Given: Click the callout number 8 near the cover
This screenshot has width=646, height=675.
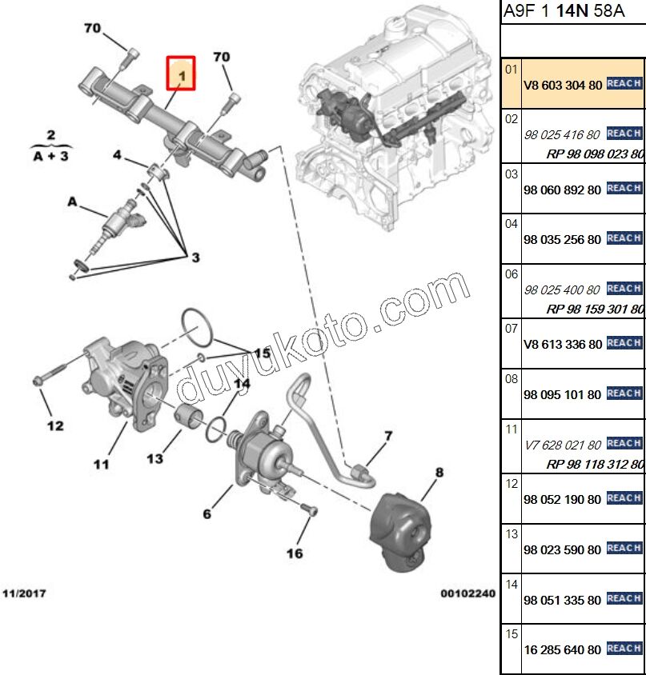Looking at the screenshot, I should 439,473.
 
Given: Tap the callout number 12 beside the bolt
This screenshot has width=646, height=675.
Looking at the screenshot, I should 54,425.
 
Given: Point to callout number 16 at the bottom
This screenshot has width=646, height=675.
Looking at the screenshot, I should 295,553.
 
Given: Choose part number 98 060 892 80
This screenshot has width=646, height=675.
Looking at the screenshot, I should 562,190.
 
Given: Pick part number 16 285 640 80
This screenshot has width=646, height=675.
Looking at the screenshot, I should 562,649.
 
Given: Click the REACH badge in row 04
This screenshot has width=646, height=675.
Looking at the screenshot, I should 624,238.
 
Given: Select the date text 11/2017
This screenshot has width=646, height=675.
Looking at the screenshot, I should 24,593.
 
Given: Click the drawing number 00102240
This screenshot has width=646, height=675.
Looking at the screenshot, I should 468,593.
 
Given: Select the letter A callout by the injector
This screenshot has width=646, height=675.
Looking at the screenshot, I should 72,203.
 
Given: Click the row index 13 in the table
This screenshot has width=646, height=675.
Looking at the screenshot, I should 512,533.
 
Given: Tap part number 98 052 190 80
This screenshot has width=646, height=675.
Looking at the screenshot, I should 562,500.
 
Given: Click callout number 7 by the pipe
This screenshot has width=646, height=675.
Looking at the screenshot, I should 388,436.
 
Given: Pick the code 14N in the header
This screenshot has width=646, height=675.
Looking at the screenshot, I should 570,12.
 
